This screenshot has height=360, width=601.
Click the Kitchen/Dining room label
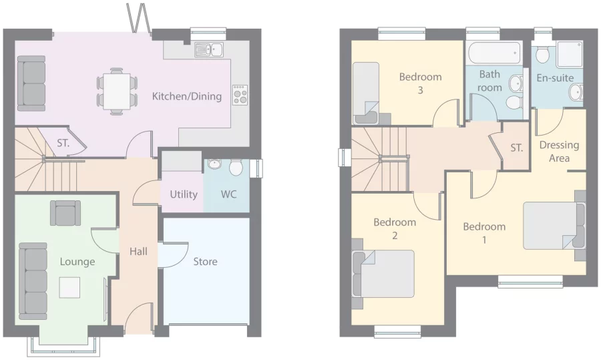(x=186, y=96)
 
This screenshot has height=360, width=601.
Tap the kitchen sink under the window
(x=209, y=49)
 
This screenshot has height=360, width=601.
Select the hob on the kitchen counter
(x=240, y=95)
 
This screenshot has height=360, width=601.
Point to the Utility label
(x=183, y=194)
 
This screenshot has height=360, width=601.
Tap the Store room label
(x=205, y=261)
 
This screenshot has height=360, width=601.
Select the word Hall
(x=139, y=251)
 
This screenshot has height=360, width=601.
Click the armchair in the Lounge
(x=65, y=212)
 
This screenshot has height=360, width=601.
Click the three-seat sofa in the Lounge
(x=33, y=281)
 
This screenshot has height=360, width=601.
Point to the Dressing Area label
(x=559, y=151)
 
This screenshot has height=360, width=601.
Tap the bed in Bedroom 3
(x=366, y=93)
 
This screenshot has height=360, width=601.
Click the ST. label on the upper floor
(x=516, y=148)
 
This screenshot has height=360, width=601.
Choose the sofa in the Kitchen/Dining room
(x=31, y=83)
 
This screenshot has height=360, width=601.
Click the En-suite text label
(x=555, y=78)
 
